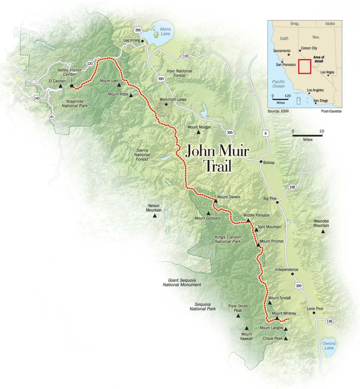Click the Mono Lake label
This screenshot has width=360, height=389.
(x=166, y=31)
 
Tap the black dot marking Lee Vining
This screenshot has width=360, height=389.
(x=142, y=41)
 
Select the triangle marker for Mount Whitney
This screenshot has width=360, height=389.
(x=277, y=318)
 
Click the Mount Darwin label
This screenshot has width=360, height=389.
(x=228, y=197)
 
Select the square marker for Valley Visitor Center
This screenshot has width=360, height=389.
(x=72, y=86)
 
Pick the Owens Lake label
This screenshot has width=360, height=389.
(x=329, y=346)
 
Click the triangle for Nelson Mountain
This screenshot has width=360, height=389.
(x=154, y=216)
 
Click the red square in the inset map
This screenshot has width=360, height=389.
(x=304, y=66)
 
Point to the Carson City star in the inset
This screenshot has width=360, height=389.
(x=300, y=51)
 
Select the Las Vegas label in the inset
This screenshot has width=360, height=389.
(x=327, y=72)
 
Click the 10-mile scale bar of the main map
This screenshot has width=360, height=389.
(x=307, y=135)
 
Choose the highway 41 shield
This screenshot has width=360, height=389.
(x=52, y=117)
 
